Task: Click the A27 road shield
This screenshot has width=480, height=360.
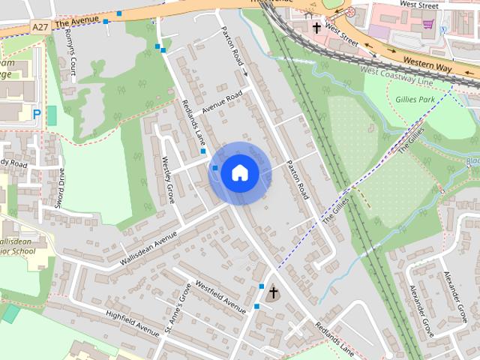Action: click(40, 27)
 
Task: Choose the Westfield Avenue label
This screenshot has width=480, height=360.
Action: click(220, 296)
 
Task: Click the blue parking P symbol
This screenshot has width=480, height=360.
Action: click(37, 114)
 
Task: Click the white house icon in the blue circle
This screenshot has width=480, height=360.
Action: click(239, 172)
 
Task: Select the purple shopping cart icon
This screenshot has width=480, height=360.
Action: click(428, 24)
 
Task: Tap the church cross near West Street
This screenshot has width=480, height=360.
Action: click(317, 28)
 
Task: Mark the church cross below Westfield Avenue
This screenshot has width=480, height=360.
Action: click(274, 292)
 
